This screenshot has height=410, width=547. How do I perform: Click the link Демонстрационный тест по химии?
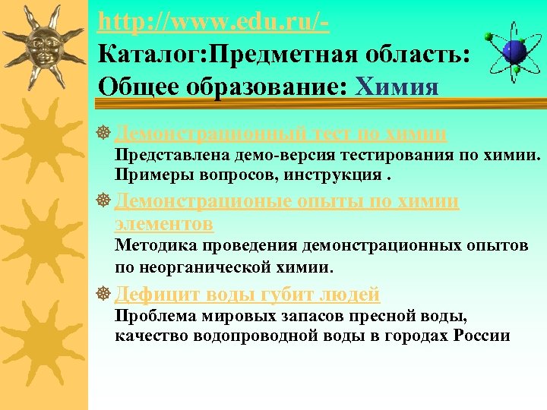pyautogui.click(x=280, y=134)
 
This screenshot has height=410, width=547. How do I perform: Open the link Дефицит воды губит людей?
pyautogui.click(x=247, y=294)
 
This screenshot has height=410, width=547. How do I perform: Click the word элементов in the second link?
pyautogui.click(x=163, y=224)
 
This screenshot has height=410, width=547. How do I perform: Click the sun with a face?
pyautogui.click(x=44, y=43)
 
